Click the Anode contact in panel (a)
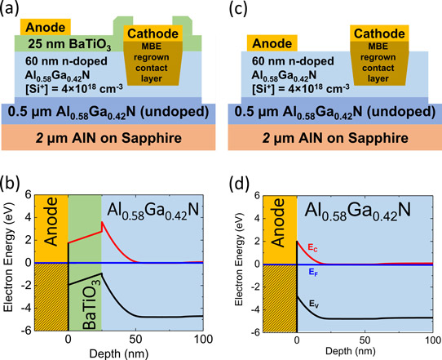click(x=46, y=27)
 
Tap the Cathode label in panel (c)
click(x=379, y=33)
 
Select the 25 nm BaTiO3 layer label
click(x=69, y=45)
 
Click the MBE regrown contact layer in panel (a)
click(x=152, y=63)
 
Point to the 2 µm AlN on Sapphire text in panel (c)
click(x=335, y=138)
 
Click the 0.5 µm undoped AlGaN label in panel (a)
click(x=108, y=113)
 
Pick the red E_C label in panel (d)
click(x=312, y=248)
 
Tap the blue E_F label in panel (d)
click(x=313, y=272)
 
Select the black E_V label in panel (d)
click(x=314, y=304)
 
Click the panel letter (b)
click(x=10, y=183)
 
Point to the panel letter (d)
click(x=239, y=184)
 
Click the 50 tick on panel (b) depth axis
click(x=135, y=339)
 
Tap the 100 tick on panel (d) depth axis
click(x=432, y=340)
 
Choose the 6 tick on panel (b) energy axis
click(x=28, y=194)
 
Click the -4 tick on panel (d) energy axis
click(x=254, y=309)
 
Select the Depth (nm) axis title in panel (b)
click(x=119, y=353)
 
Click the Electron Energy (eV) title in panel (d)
click(x=238, y=264)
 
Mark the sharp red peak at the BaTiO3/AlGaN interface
click(x=102, y=222)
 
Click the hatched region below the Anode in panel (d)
click(x=280, y=299)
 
